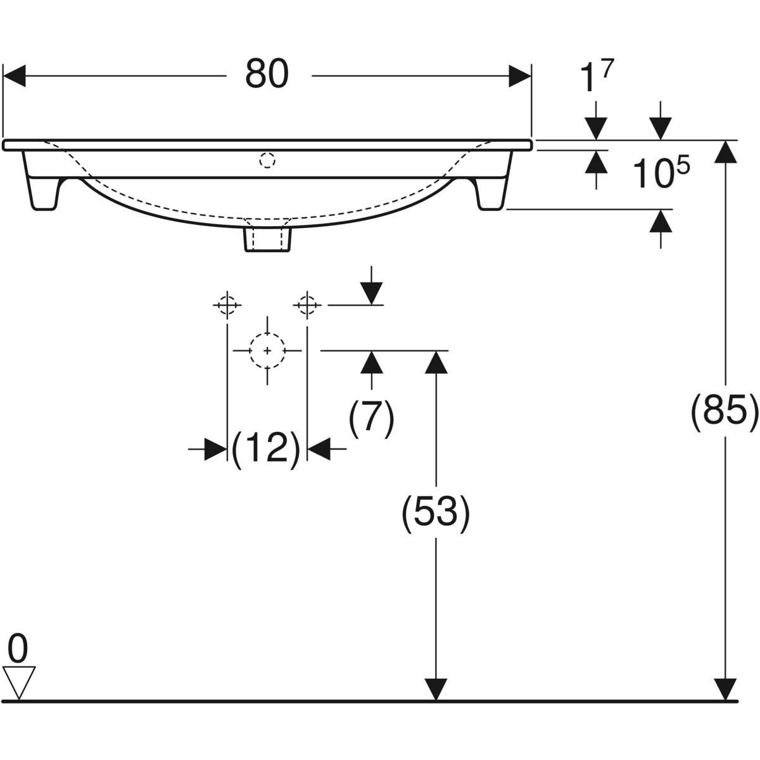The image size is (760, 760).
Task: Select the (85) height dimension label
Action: (724, 412)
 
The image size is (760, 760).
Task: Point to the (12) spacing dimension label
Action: (266, 448)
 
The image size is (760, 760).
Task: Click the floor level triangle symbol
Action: (19, 680)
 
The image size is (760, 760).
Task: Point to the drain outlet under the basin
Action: (267, 238)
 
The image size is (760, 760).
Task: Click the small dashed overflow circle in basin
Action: (267, 161)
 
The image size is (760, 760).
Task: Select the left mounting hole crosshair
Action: (227, 305)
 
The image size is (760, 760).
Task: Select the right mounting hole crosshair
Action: (307, 305)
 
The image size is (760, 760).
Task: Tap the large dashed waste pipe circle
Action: (267, 350)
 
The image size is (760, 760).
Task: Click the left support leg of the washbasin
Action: (42, 184)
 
